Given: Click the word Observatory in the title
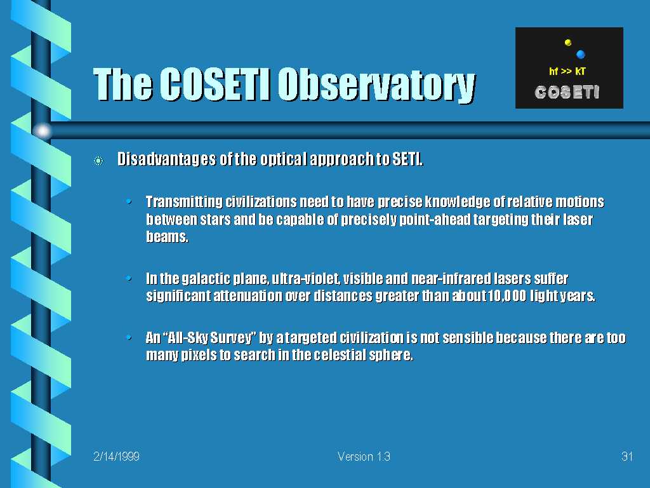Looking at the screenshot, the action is coord(376,85).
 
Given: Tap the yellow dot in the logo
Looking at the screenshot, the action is coord(568,43).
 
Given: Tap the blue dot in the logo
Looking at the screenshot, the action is coord(581,54).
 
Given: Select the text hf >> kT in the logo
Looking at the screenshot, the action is coord(567,71).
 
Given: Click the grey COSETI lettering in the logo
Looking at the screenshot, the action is coord(567,92).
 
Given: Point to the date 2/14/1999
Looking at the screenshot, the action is coord(117,456).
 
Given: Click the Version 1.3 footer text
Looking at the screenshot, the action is coord(364,456).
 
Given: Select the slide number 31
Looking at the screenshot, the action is coord(627,456).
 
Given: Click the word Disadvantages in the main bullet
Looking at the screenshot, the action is coord(166,159).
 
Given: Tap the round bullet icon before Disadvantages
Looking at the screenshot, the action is coord(98,161).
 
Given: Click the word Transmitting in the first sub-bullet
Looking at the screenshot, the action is coord(184,202).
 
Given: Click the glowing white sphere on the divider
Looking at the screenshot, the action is coord(42,131).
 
